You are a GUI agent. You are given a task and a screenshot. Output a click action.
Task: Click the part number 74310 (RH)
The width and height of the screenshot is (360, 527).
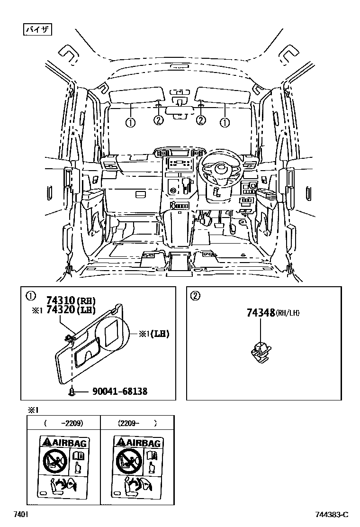point(71,300)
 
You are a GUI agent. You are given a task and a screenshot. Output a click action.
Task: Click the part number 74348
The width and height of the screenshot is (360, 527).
point(261,313)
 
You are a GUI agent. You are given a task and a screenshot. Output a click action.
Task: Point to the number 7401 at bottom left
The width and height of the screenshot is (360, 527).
point(20,515)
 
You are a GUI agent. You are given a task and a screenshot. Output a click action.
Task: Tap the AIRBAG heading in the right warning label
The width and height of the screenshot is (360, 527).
point(138,442)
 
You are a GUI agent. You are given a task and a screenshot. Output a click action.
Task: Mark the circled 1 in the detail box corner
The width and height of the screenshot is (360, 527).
point(30,296)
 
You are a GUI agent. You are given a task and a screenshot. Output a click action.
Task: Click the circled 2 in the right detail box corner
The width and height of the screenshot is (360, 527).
point(195,296)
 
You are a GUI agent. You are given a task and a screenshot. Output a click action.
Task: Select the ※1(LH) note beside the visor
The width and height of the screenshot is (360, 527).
point(153,333)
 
